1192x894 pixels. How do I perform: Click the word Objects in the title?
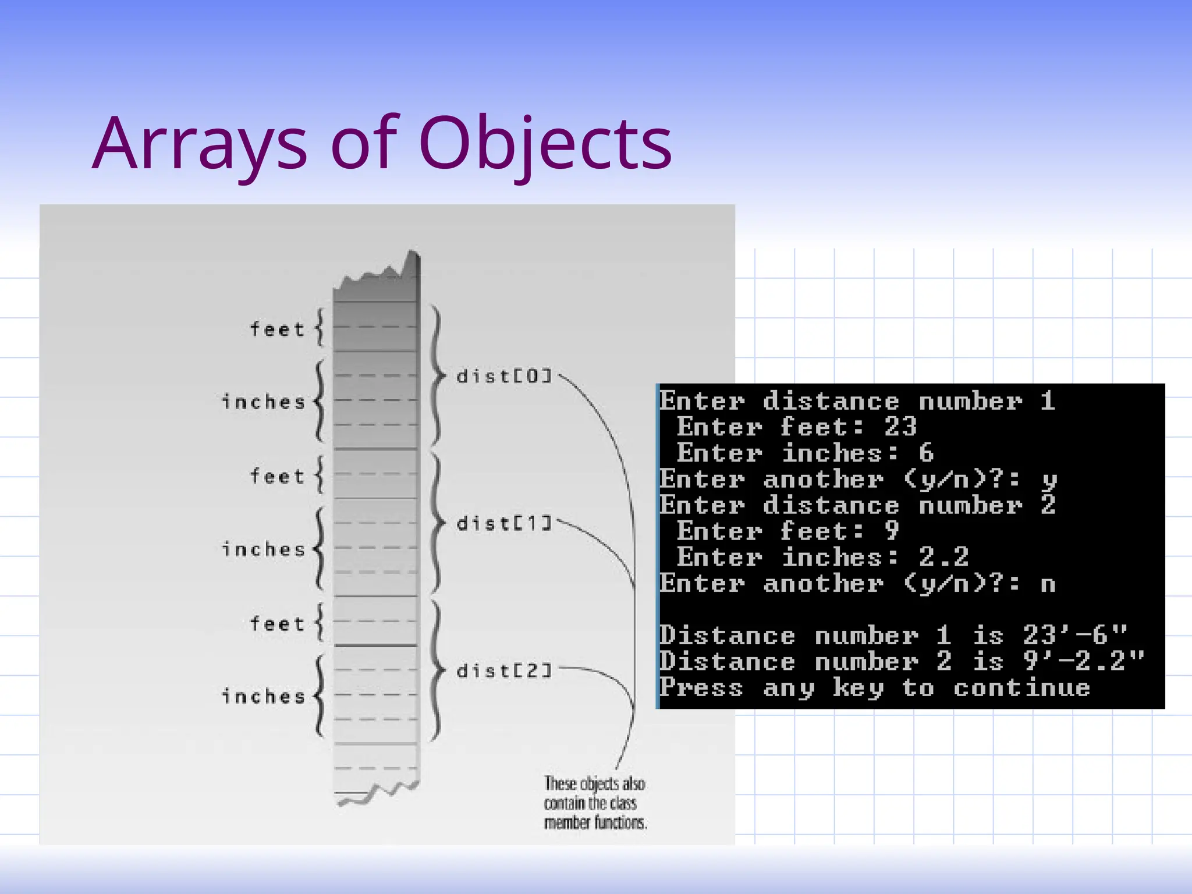tap(545, 144)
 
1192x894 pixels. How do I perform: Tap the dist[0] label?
tap(504, 377)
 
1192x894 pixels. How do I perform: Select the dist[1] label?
tap(504, 524)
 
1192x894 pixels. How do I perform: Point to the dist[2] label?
tap(504, 671)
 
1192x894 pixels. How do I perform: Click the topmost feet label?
tap(277, 329)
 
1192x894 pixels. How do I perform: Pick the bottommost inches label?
tap(264, 696)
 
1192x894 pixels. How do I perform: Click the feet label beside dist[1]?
tap(277, 477)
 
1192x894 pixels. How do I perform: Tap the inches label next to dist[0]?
tap(264, 402)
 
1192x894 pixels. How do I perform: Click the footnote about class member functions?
tap(595, 803)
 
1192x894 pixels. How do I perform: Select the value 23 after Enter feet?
tap(900, 427)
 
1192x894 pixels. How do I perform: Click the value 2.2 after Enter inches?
tap(943, 558)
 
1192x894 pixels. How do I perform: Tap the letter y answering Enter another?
tap(1049, 480)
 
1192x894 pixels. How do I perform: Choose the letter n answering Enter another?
tap(1048, 584)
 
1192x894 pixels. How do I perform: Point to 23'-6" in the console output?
tap(1075, 635)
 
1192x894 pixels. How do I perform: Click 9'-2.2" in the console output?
tap(1084, 661)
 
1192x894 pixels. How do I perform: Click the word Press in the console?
tap(701, 687)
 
